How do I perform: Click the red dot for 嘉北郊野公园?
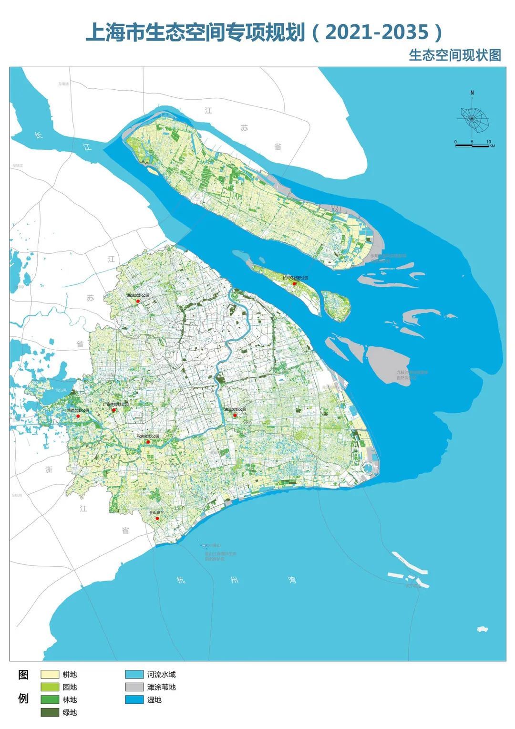137,301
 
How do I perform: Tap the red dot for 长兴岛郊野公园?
295,283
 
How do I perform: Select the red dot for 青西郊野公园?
78,416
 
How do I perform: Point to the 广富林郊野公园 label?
116,404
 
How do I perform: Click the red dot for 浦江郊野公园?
235,415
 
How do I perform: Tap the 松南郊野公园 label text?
148,436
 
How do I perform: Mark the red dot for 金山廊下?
157,518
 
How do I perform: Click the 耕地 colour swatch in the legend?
49,675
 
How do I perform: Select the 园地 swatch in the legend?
49,687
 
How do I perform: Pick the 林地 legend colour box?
49,700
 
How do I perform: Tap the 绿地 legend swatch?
49,712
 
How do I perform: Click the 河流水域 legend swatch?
134,675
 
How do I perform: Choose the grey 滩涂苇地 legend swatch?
134,687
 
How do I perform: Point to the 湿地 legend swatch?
134,700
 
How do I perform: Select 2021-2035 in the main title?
377,32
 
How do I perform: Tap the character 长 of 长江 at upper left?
38,135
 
